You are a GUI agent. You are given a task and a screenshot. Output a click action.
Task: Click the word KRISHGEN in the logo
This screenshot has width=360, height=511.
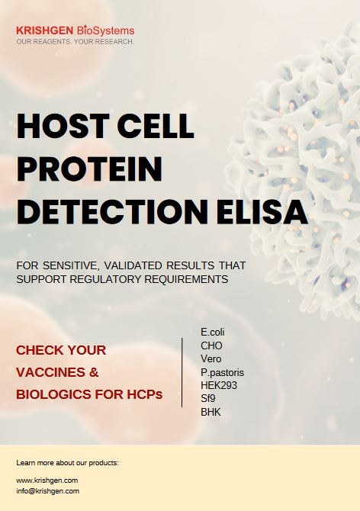[45, 31]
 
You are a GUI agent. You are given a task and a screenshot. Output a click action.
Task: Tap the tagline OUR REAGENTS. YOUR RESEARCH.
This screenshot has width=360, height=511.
[75, 42]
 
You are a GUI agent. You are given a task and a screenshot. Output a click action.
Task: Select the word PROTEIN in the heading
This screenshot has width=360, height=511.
[89, 169]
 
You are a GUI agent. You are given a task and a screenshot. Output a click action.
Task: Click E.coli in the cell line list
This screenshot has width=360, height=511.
[213, 332]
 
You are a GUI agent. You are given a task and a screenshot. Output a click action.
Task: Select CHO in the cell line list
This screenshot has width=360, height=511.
[211, 345]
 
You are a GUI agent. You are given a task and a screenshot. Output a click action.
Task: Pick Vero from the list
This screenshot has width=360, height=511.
[211, 358]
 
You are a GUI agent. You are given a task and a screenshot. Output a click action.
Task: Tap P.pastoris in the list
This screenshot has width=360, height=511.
[222, 372]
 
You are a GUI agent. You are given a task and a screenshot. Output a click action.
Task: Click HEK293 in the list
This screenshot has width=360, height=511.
[219, 385]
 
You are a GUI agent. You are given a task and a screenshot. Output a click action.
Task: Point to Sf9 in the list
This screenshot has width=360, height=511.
[208, 399]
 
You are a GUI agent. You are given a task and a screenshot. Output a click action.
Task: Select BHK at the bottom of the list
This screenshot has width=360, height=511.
[211, 412]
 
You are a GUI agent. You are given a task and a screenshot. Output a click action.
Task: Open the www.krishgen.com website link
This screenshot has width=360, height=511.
[47, 480]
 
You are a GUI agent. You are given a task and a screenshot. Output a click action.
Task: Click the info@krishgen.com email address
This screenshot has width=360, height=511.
[47, 491]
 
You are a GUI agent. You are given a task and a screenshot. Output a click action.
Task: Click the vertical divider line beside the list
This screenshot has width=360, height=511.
[182, 372]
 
